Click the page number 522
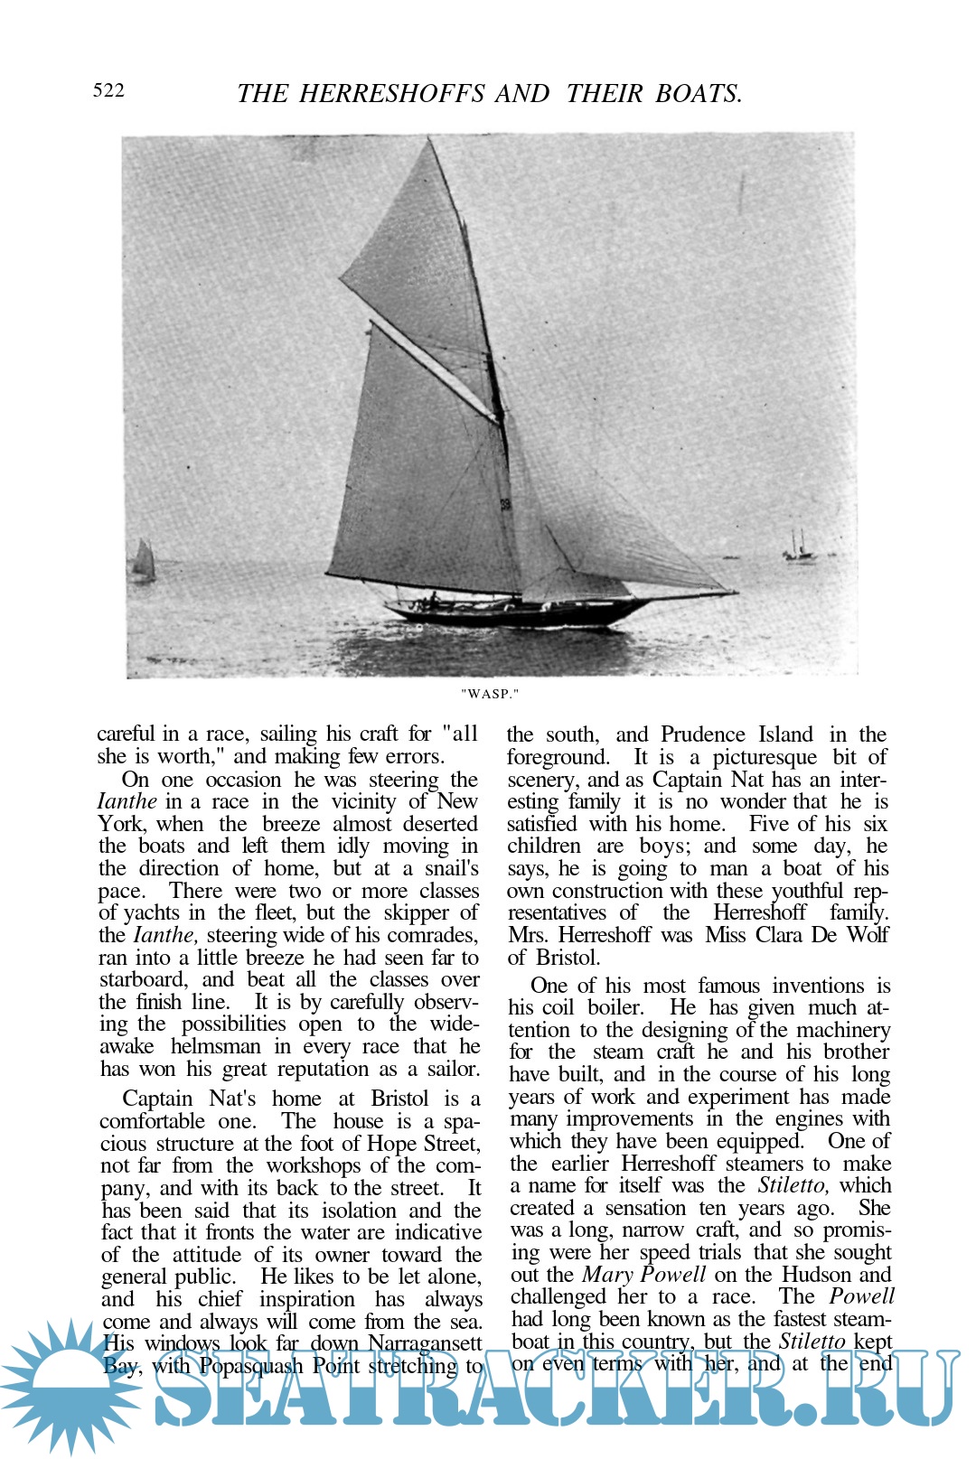108,90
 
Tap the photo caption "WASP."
490,694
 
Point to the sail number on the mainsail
505,504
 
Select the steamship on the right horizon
798,547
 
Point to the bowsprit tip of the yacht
734,593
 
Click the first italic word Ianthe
127,802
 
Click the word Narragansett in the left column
425,1343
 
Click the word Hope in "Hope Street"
389,1144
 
